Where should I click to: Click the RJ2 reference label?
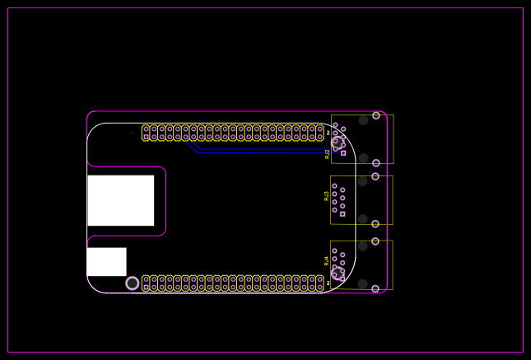point(327,153)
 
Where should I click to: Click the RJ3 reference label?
point(326,196)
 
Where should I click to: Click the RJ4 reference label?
point(326,260)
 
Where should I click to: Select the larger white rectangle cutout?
point(121,200)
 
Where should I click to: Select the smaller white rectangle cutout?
point(106,262)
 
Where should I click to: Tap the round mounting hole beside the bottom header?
point(133,283)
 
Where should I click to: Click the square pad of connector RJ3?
point(342,214)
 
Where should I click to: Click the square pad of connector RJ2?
point(343,152)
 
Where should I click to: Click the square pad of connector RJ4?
point(343,278)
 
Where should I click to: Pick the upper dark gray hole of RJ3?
point(363,181)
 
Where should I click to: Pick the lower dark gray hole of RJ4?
point(363,284)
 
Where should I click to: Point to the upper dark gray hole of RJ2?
point(363,120)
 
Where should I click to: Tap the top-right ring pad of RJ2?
point(376,115)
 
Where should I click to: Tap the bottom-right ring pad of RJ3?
point(375,224)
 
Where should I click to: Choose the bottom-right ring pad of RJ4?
point(375,289)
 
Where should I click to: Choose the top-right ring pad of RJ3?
point(375,176)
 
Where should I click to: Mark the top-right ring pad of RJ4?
point(375,241)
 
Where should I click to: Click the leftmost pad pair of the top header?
point(146,133)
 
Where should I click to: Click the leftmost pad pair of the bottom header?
point(146,283)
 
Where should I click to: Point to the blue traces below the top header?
point(247,152)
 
